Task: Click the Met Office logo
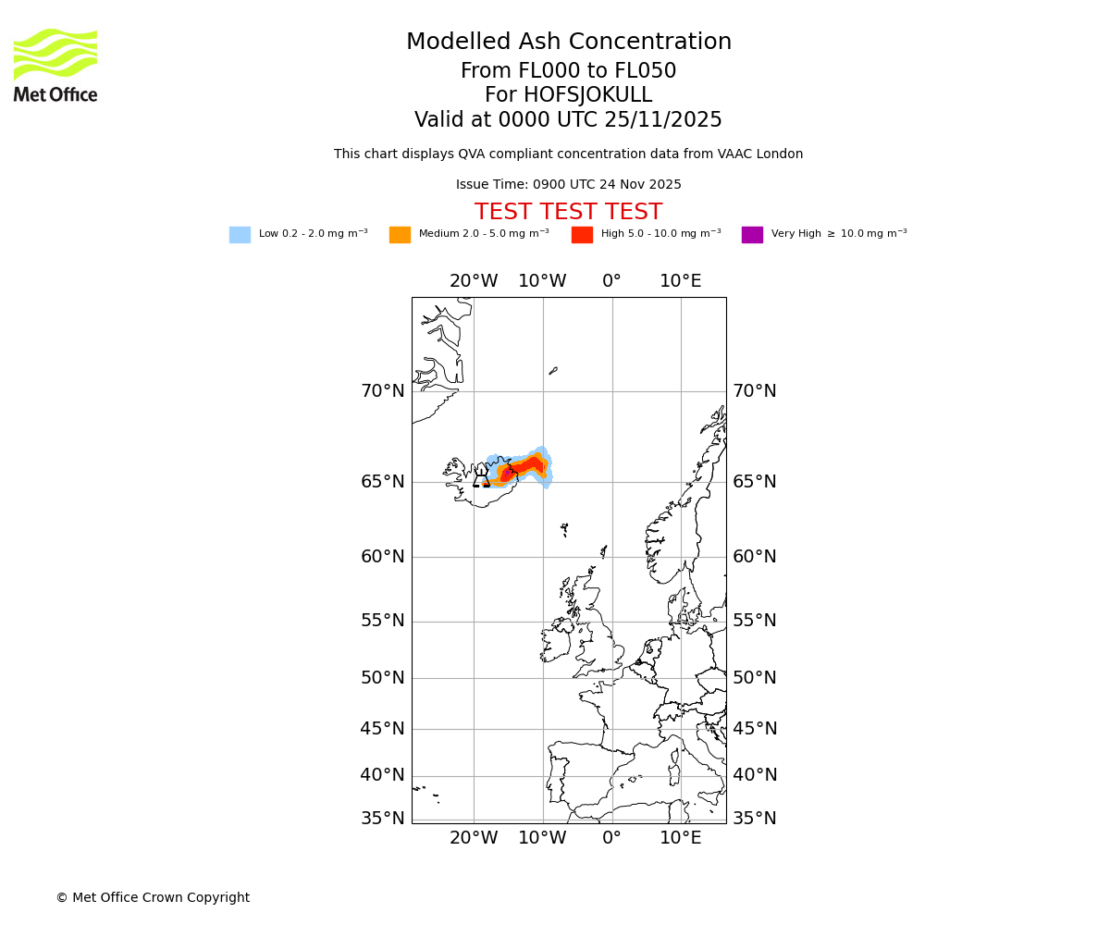55,65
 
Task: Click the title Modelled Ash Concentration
568,43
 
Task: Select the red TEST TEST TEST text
568,213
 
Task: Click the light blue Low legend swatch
240,235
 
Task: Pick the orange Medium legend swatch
400,235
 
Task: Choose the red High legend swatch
582,235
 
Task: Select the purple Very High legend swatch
752,235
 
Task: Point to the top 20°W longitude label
474,281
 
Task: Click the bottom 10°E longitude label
681,838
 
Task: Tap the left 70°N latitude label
383,391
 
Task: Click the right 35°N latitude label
755,819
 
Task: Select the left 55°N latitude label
383,621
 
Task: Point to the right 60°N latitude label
755,557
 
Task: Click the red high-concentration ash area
528,465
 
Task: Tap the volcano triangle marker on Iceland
481,477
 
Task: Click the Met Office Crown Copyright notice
153,898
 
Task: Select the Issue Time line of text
568,185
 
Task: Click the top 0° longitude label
611,281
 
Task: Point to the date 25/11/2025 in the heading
664,120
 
